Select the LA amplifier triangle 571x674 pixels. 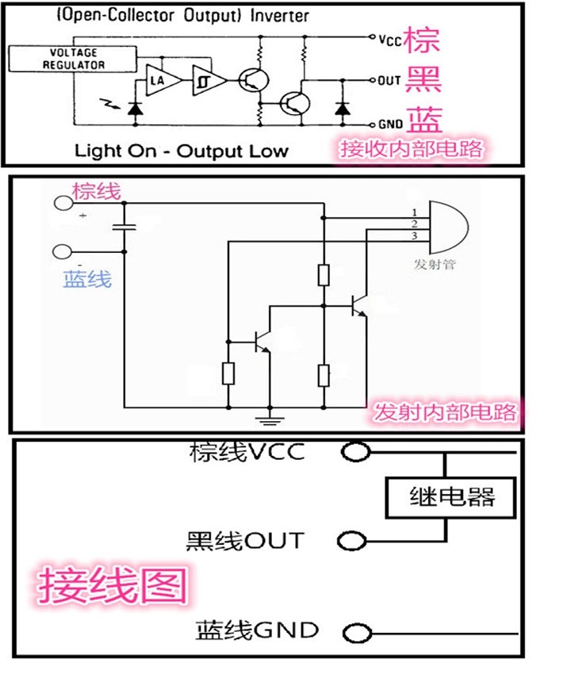(x=163, y=80)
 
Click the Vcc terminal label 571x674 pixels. (x=390, y=40)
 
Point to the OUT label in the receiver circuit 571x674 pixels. (x=389, y=80)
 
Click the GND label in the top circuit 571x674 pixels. (x=390, y=124)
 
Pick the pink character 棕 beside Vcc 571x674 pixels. (x=422, y=40)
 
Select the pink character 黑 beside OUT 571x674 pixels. (x=424, y=79)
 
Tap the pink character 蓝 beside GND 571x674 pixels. (x=424, y=120)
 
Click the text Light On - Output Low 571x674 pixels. (x=181, y=151)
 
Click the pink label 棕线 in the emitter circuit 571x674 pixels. (x=96, y=192)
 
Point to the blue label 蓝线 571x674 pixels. (x=88, y=279)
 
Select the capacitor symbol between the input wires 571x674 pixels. (x=125, y=227)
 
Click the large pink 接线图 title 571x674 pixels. (x=113, y=585)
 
